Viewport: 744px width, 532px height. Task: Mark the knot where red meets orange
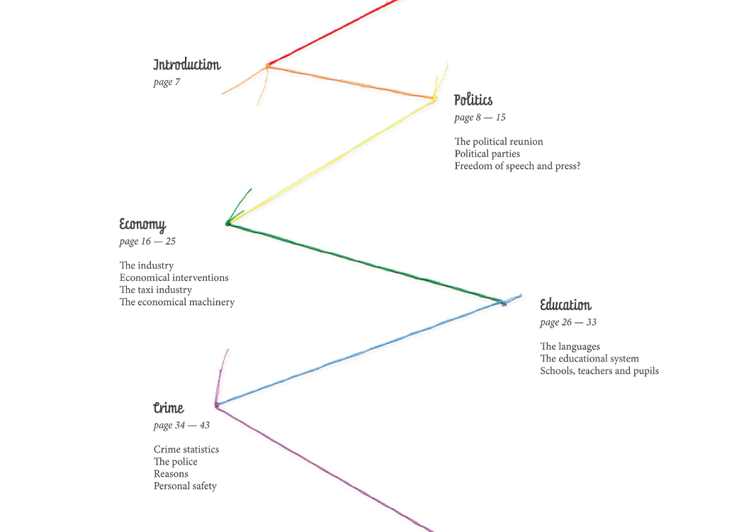[x=268, y=65]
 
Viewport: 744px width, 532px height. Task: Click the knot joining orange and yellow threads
[x=432, y=99]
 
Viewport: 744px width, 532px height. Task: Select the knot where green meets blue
[x=501, y=303]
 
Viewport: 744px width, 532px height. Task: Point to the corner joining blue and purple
[x=216, y=405]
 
